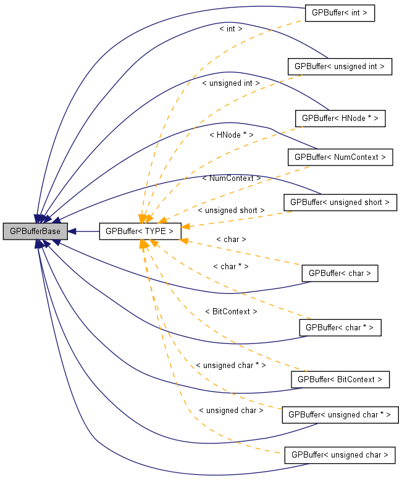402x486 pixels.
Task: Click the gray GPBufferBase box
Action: pyautogui.click(x=35, y=232)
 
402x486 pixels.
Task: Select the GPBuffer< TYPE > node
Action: pyautogui.click(x=140, y=232)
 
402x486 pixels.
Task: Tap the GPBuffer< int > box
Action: pyautogui.click(x=340, y=14)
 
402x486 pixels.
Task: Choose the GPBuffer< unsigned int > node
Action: pyautogui.click(x=340, y=66)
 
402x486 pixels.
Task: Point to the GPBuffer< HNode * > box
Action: pyautogui.click(x=340, y=119)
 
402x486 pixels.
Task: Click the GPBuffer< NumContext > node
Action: pyautogui.click(x=340, y=157)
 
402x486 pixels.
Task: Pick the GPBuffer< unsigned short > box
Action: pyautogui.click(x=340, y=202)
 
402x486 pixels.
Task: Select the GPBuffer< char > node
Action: pyautogui.click(x=340, y=273)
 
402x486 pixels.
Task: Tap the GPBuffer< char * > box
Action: pyautogui.click(x=340, y=327)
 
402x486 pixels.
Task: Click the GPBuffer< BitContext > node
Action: pyautogui.click(x=340, y=379)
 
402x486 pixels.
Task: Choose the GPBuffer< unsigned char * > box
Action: pyautogui.click(x=340, y=415)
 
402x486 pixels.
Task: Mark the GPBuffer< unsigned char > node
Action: pyautogui.click(x=340, y=455)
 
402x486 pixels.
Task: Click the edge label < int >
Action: pyautogui.click(x=231, y=28)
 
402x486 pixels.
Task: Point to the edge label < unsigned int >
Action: pyautogui.click(x=230, y=83)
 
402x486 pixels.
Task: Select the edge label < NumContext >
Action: pyautogui.click(x=231, y=178)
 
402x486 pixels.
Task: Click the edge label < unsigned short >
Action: pyautogui.click(x=231, y=210)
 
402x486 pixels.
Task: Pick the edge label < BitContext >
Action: pyautogui.click(x=231, y=312)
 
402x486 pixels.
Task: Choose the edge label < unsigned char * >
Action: pyautogui.click(x=230, y=366)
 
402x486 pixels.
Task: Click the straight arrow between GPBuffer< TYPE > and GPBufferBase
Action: pyautogui.click(x=83, y=232)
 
